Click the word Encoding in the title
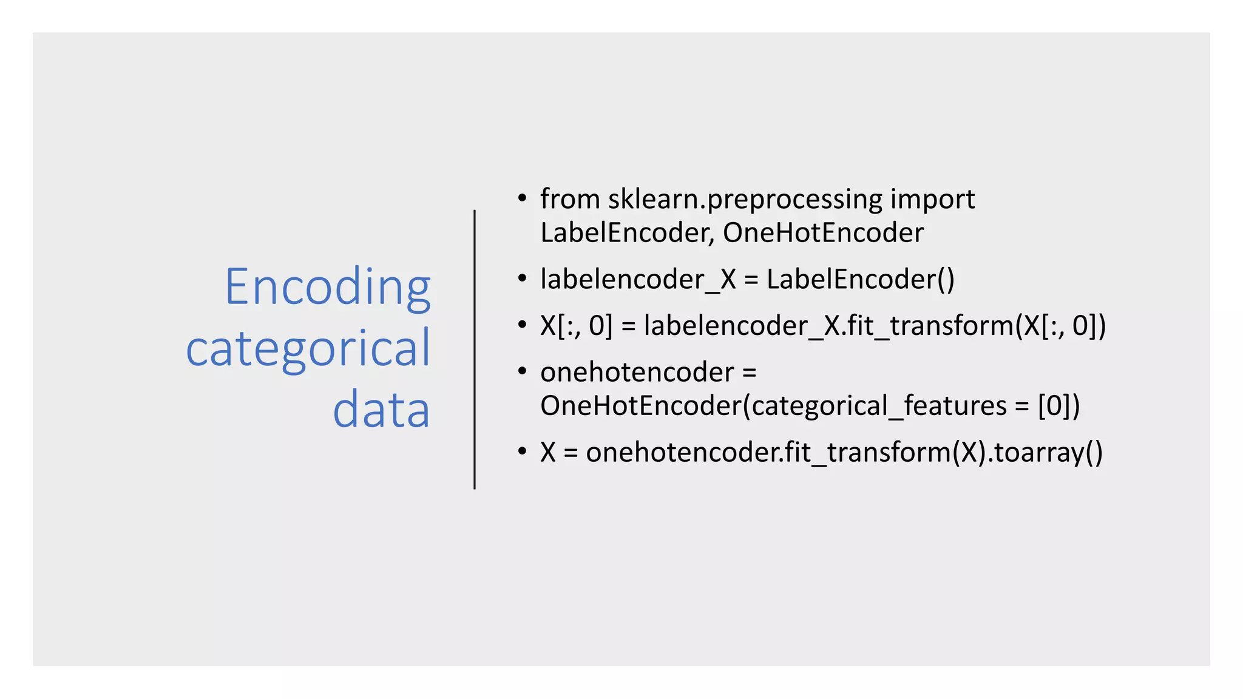click(x=328, y=286)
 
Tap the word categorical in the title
click(x=308, y=348)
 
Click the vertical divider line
click(x=475, y=349)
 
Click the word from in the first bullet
click(x=570, y=199)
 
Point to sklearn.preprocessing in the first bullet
click(x=745, y=200)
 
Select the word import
click(x=932, y=200)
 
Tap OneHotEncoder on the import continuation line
click(x=823, y=233)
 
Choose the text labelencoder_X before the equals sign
click(x=638, y=280)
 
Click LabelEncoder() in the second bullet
click(x=860, y=280)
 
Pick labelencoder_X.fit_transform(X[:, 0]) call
click(x=875, y=326)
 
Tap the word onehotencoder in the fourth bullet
click(x=637, y=372)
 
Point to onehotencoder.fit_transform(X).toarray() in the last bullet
click(x=844, y=453)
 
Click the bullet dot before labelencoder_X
click(x=522, y=279)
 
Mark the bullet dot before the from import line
click(x=522, y=198)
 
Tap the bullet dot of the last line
click(x=522, y=451)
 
